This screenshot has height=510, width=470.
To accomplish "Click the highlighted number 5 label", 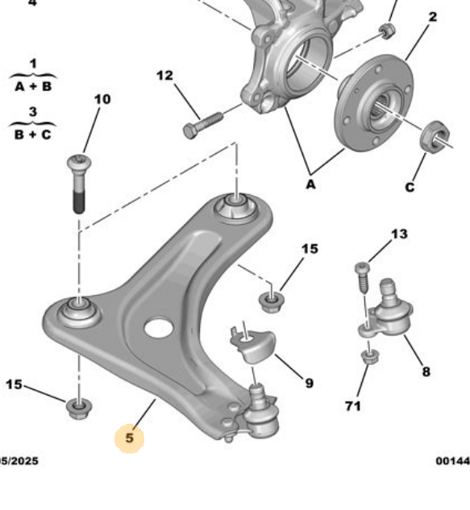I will [x=129, y=439].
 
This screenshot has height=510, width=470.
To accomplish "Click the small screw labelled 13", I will [x=362, y=276].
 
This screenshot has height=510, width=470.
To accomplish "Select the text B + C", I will [x=32, y=135].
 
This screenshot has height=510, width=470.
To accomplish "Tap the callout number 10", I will [x=102, y=100].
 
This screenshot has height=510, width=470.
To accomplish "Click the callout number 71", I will [x=352, y=406].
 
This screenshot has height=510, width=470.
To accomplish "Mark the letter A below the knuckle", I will [x=310, y=185].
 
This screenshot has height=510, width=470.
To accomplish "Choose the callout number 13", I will [x=399, y=234].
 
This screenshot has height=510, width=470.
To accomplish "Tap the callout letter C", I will [x=410, y=187].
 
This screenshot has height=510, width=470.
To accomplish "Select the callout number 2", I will [x=433, y=17].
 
